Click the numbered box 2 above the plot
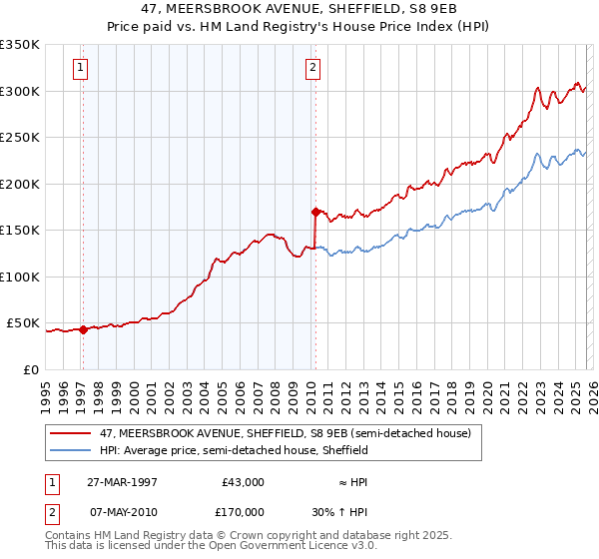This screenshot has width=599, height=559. point(313,68)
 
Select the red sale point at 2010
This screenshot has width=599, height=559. point(315,212)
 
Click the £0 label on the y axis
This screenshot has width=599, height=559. point(31,370)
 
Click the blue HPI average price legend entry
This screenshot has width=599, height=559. point(234,450)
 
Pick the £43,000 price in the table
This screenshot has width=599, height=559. point(242,482)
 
